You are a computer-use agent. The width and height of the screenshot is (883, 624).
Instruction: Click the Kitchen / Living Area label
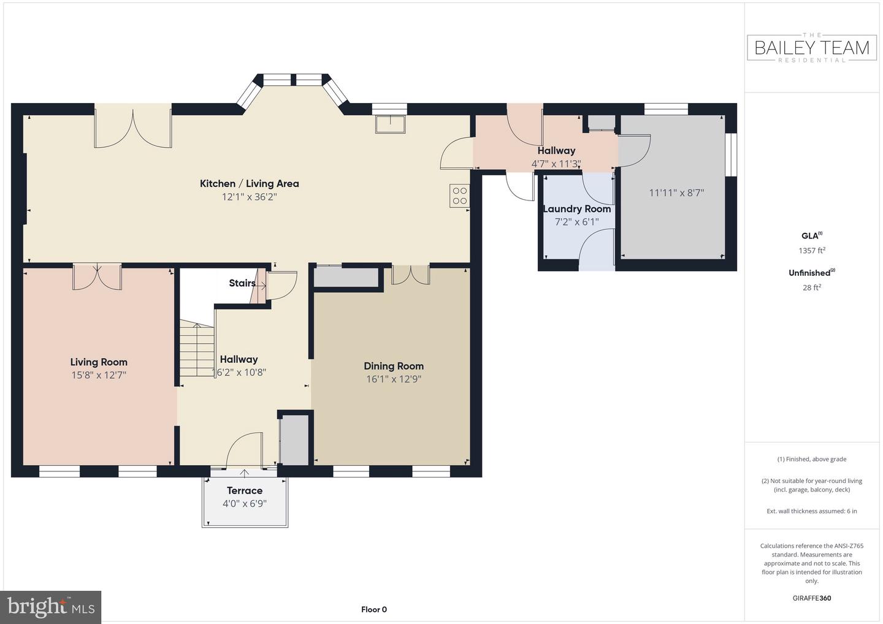click(249, 183)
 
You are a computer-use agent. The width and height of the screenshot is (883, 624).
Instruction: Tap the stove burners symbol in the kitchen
click(460, 196)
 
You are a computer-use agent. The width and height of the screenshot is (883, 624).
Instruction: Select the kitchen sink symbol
click(390, 124)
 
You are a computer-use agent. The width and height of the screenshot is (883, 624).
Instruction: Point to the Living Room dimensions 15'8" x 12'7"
click(99, 375)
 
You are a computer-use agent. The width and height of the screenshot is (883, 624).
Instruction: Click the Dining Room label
click(394, 366)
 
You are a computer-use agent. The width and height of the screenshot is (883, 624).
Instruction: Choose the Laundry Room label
click(576, 209)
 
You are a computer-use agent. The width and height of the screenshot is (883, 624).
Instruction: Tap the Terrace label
click(245, 490)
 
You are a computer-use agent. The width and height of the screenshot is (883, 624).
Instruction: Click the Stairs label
click(242, 283)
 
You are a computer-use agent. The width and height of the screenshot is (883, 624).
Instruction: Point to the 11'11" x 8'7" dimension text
click(676, 192)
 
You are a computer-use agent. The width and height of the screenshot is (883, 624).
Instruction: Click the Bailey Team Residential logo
click(812, 48)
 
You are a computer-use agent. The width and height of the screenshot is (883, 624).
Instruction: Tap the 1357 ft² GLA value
click(812, 251)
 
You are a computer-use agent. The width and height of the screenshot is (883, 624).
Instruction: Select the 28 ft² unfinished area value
click(812, 287)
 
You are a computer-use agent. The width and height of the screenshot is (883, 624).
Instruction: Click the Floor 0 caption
click(373, 609)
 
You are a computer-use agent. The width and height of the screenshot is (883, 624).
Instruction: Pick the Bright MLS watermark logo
click(50, 607)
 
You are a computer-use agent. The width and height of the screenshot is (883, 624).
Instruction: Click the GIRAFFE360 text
click(812, 598)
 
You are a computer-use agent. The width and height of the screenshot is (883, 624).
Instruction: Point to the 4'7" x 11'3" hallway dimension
click(556, 164)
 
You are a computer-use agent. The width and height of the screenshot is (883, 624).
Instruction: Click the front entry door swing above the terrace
click(245, 450)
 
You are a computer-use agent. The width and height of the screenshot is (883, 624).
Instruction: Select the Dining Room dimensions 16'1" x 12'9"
click(394, 379)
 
